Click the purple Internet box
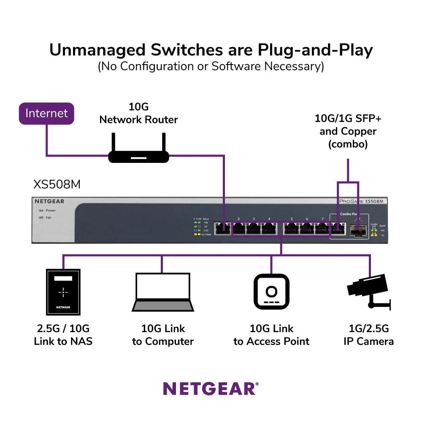click(46, 114)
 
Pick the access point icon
click(271, 292)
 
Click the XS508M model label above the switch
click(57, 185)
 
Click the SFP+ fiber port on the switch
click(357, 230)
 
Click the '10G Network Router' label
click(138, 113)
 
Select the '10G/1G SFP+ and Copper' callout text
click(348, 131)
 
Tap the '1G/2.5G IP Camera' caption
click(368, 335)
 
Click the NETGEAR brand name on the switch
click(49, 201)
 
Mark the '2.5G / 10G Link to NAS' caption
click(63, 335)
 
